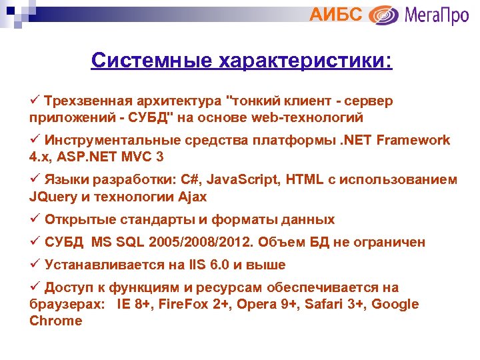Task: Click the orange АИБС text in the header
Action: click(x=336, y=15)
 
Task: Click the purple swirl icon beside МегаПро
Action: click(x=384, y=15)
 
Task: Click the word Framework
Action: click(x=414, y=140)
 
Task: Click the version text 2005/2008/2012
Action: click(x=207, y=242)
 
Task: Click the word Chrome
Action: click(x=56, y=321)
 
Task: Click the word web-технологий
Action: click(x=308, y=117)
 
